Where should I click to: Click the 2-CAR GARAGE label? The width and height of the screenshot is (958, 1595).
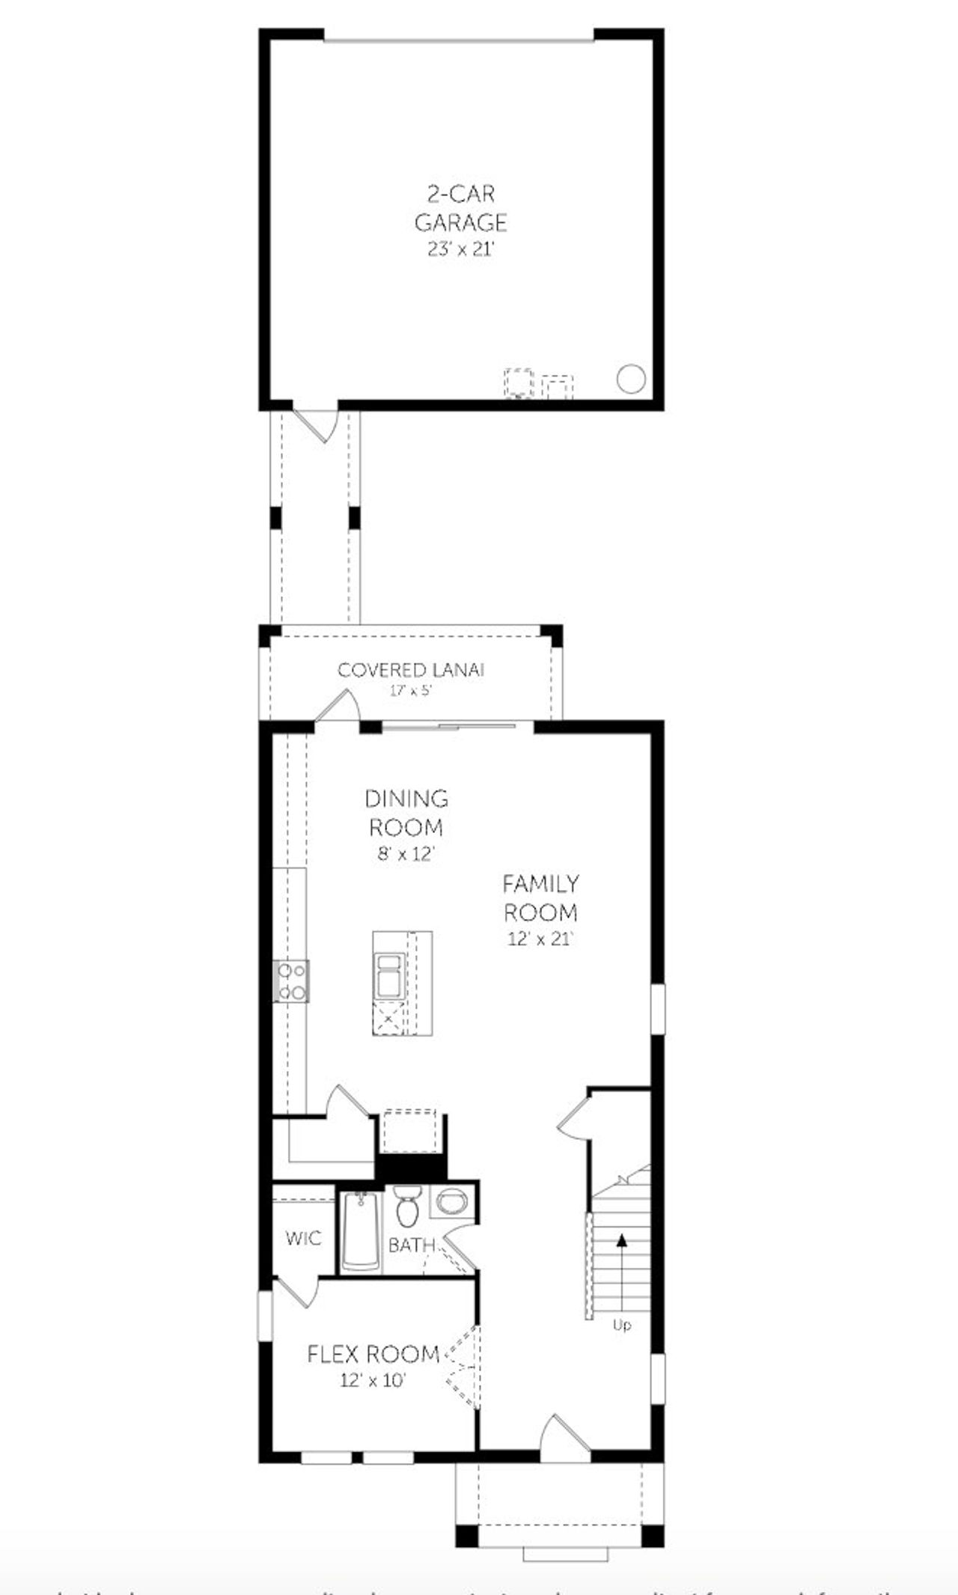pos(460,208)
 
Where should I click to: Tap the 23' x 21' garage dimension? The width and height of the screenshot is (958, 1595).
pos(460,250)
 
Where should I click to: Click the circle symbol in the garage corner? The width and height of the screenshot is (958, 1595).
pos(630,379)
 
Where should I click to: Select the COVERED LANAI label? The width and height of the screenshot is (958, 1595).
pos(411,670)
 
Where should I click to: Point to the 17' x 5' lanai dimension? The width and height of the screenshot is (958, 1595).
pos(410,691)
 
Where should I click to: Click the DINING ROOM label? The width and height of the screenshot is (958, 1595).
pos(406,813)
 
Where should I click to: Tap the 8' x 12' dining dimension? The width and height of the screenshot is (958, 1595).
pos(406,854)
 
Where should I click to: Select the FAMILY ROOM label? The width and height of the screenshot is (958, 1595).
pos(540,897)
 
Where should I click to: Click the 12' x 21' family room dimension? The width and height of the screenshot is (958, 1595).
pos(540,939)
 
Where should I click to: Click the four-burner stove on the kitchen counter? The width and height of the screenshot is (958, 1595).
pos(292,981)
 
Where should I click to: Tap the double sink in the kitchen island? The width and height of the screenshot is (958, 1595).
pos(389,976)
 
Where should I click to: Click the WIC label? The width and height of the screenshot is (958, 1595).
pos(303,1239)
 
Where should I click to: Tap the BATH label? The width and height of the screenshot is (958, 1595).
pos(411,1245)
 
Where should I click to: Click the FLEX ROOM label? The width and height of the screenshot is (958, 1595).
pos(373,1354)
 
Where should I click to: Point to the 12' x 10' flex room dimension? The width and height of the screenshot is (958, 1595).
pos(373,1380)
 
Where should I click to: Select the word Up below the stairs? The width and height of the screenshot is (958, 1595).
pos(621,1325)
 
